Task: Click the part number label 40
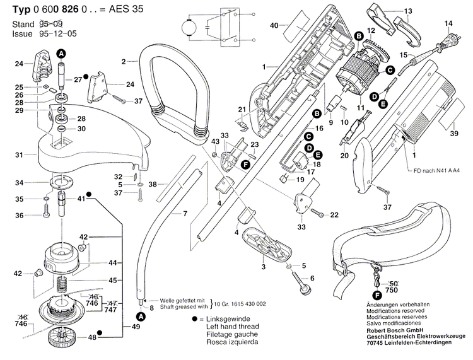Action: (274, 25)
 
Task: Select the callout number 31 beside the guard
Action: (19, 154)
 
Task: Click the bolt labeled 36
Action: (47, 216)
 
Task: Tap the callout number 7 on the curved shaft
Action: (185, 214)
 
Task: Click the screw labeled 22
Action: (320, 215)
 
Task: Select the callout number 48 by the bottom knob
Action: (92, 338)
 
